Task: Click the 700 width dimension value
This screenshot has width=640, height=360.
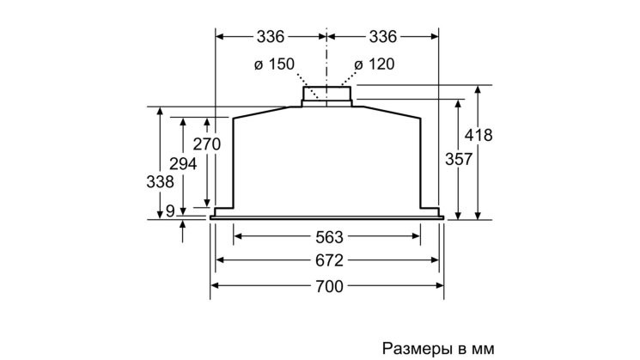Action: (329, 286)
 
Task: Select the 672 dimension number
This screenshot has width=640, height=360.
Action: (329, 260)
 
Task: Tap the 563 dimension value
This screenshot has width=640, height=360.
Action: (329, 237)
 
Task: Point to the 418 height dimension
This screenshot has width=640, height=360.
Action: (478, 135)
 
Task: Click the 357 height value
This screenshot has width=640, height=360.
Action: (459, 159)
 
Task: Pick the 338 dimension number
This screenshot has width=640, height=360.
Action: (160, 181)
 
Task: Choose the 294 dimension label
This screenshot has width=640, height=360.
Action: (183, 164)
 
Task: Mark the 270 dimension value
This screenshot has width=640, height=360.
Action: (207, 144)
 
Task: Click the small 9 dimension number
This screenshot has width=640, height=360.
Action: (170, 211)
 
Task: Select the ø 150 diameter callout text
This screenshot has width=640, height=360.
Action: (274, 64)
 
